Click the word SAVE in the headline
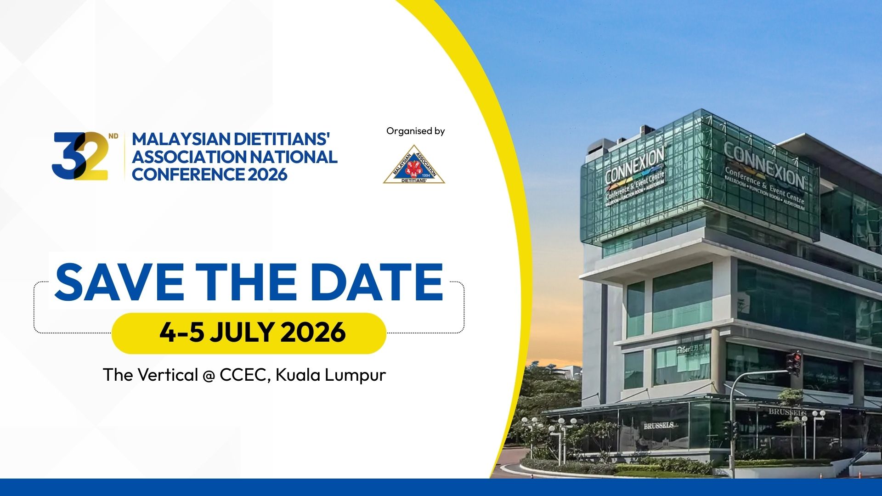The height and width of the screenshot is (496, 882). pos(119,282)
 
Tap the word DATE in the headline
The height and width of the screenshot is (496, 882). pos(376,282)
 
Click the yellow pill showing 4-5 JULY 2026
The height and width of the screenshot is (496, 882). pos(249,333)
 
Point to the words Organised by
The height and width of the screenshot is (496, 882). pos(415,131)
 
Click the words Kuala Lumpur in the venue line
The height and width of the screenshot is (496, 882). pos(330,375)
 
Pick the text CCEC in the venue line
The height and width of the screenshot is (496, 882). pos(242,375)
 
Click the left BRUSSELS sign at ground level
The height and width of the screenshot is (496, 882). pos(658,426)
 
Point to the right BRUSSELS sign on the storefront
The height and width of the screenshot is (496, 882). pos(787,412)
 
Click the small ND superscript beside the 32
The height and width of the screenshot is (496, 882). pos(113,136)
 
